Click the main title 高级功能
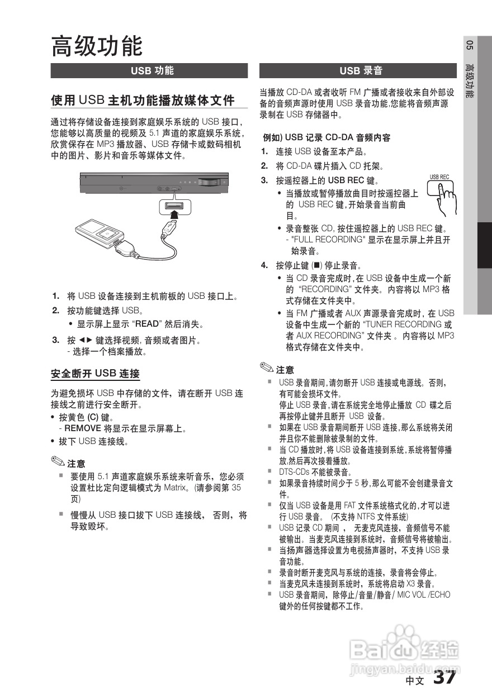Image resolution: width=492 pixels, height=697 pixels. (97, 46)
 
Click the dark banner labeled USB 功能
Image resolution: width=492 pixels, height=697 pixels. (149, 71)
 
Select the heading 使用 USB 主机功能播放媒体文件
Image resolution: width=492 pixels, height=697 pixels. (143, 101)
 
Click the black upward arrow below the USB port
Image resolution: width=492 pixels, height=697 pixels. (174, 214)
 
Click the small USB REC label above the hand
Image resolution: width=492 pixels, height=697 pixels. (439, 178)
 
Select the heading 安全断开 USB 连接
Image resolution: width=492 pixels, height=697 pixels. (95, 374)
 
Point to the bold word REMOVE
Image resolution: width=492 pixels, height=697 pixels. (83, 429)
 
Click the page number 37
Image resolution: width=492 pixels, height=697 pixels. (446, 677)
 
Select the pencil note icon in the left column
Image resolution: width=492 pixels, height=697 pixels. (58, 462)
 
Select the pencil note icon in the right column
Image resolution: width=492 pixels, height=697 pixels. (267, 369)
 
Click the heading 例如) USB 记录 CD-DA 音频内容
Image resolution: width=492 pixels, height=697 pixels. (327, 137)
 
